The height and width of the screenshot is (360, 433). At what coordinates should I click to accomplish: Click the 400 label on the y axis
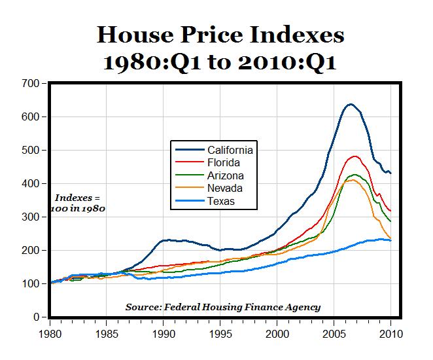click(30, 184)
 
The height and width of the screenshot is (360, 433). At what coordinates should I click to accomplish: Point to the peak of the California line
click(351, 104)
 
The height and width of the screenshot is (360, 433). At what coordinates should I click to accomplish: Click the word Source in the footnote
click(145, 307)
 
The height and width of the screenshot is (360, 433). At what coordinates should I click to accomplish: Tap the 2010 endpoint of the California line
click(391, 173)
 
